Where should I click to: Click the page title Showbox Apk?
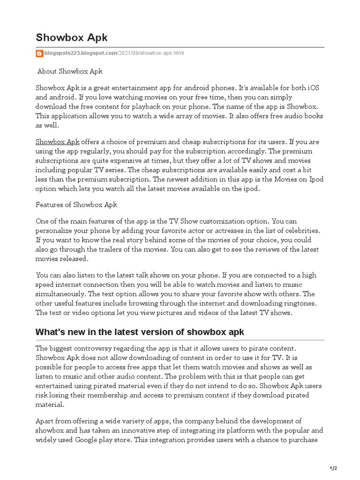(x=72, y=37)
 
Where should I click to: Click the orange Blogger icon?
(x=40, y=53)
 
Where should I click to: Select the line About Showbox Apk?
(x=70, y=71)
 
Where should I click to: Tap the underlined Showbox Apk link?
(x=58, y=142)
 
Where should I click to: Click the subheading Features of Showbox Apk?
(x=76, y=205)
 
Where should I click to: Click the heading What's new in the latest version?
(x=140, y=332)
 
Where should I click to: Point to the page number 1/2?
(x=333, y=468)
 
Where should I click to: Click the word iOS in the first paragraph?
(x=314, y=88)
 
